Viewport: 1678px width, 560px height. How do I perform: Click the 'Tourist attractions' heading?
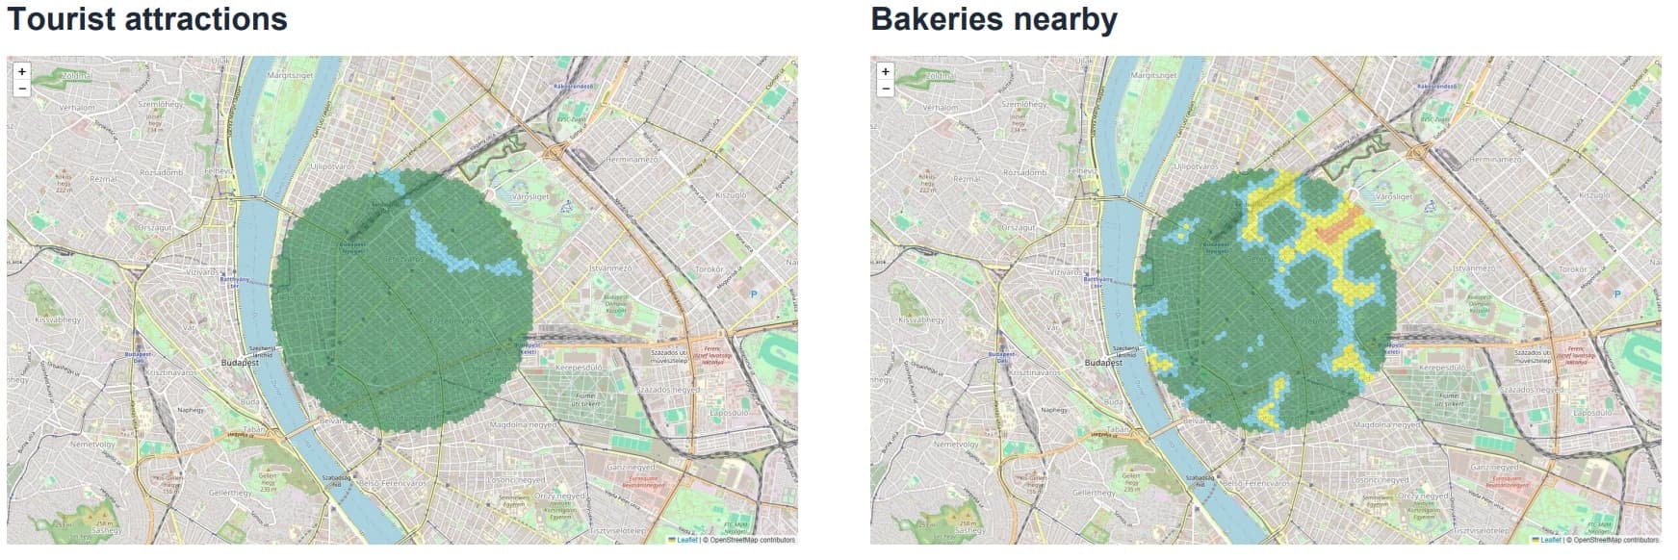[147, 19]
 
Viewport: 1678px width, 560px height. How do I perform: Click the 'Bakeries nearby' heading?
[994, 19]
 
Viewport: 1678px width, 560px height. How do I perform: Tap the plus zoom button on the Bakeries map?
[886, 71]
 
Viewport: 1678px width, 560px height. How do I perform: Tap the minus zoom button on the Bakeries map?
[886, 89]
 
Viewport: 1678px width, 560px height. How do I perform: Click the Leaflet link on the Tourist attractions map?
[687, 540]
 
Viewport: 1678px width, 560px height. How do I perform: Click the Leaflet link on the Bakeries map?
[1551, 540]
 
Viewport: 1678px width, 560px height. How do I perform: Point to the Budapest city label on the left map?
[241, 363]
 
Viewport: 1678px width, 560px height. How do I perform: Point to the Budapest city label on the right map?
[1104, 363]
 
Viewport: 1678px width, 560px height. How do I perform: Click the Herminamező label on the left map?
[631, 159]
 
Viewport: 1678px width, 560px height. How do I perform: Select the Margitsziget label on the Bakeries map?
[1153, 74]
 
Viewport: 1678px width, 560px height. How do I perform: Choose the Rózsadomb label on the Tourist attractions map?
[162, 172]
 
